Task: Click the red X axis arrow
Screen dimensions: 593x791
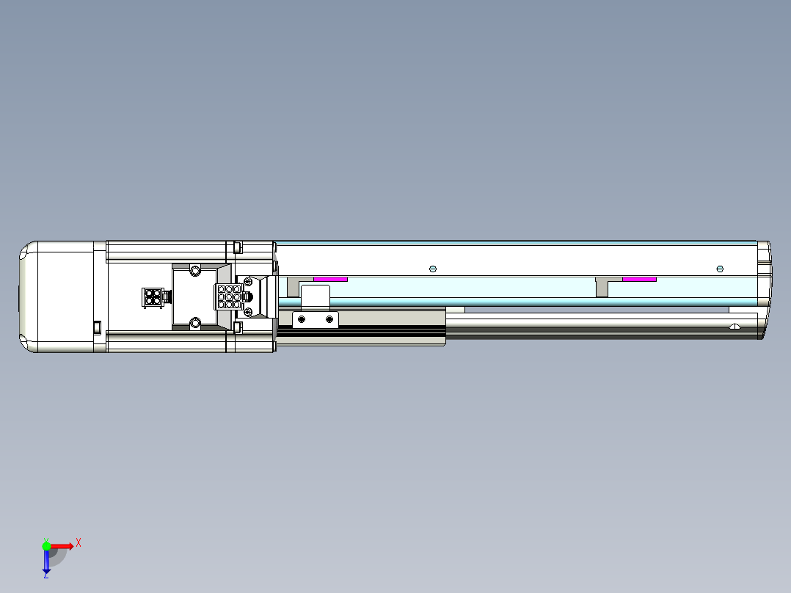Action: pos(62,545)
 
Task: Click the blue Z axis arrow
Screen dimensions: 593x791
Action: pos(46,561)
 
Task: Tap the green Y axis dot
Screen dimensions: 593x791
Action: pos(46,545)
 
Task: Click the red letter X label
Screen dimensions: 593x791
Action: pos(78,543)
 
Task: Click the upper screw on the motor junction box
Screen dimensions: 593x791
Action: pos(194,271)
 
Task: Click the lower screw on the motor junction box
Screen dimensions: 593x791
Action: pos(194,323)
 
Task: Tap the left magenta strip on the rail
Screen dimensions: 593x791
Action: pos(330,279)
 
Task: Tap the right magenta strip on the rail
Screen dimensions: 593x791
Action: pos(639,279)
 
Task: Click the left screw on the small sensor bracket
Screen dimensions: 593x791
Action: pos(301,319)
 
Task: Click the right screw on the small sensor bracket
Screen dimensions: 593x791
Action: pos(329,319)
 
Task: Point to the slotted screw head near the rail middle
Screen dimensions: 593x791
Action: pos(432,269)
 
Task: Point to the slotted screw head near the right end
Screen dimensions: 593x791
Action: pos(720,269)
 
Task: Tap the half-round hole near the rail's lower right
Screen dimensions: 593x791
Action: pos(734,326)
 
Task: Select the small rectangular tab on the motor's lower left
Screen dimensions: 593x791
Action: pos(96,327)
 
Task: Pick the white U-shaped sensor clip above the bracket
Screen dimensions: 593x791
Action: pos(316,296)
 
